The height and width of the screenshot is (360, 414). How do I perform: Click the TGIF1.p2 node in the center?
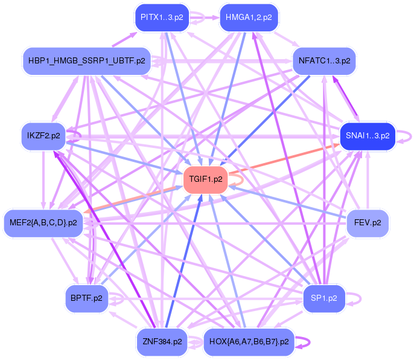click(x=206, y=179)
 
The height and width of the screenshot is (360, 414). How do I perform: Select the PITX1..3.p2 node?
click(x=161, y=17)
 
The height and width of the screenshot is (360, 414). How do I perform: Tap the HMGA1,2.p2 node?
click(x=249, y=17)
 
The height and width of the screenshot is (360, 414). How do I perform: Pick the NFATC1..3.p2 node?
click(x=324, y=61)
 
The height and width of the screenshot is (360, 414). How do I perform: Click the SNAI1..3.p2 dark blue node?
click(x=367, y=135)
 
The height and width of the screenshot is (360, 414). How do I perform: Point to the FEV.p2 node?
click(x=367, y=223)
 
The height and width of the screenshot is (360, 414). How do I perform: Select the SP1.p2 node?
click(x=323, y=298)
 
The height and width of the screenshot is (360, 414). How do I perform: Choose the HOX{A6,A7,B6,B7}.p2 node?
click(x=249, y=342)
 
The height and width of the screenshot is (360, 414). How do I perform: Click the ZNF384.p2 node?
click(x=162, y=342)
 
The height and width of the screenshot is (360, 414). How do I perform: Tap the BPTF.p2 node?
click(x=86, y=298)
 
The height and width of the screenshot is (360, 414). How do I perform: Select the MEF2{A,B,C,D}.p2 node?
click(x=43, y=223)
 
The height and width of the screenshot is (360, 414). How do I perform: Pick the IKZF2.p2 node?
click(x=43, y=135)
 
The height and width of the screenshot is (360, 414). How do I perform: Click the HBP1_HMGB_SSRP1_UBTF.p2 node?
click(x=86, y=61)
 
